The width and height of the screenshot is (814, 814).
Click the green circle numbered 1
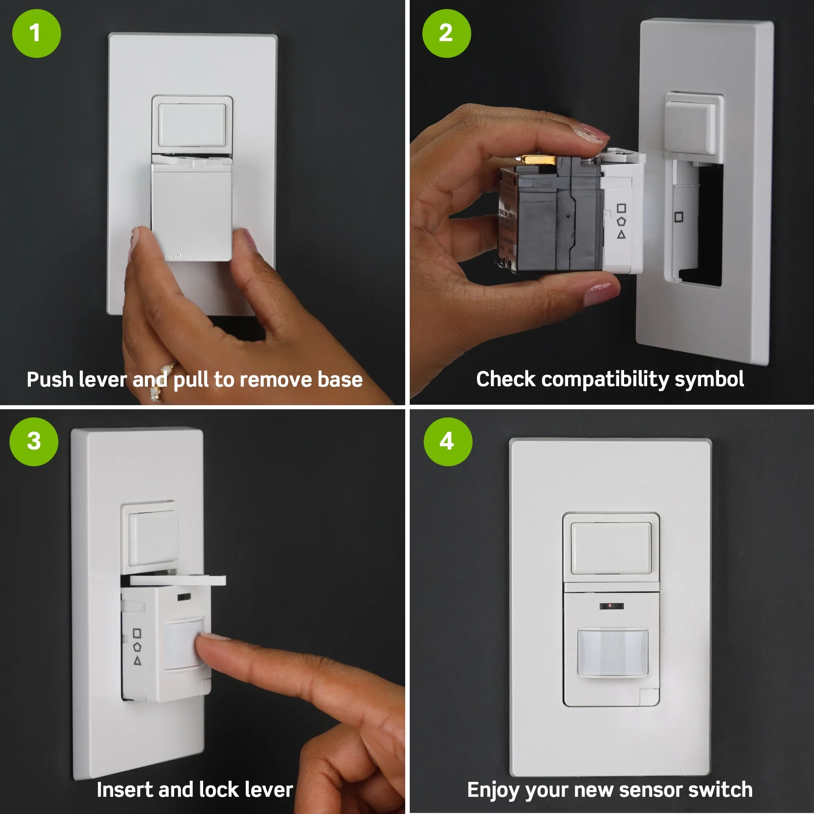(x=36, y=33)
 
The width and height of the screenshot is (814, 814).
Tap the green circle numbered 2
(x=446, y=33)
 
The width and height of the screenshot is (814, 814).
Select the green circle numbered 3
(x=34, y=442)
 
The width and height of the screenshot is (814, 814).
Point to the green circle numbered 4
(x=448, y=442)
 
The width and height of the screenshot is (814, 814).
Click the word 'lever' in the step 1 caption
(x=102, y=380)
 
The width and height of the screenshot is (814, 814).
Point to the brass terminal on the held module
(x=538, y=160)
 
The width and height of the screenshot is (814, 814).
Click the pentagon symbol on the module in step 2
(x=622, y=222)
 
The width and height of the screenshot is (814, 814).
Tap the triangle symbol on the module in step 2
(x=621, y=234)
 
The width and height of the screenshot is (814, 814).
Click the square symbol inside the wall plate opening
(x=679, y=217)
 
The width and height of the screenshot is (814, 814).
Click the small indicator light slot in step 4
(x=611, y=606)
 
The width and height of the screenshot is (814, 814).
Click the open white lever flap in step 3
(x=178, y=580)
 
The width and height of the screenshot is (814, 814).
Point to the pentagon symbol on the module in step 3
(x=137, y=647)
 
